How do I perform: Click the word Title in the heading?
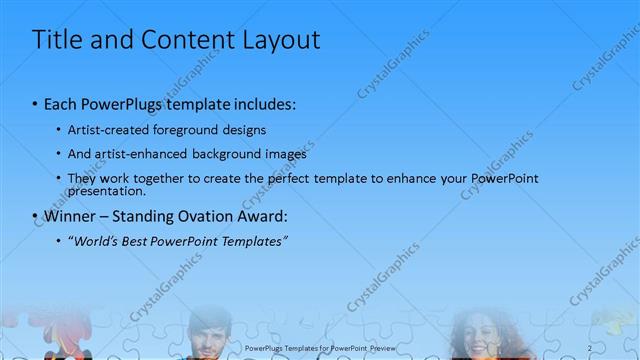point(56,40)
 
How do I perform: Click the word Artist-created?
point(107,130)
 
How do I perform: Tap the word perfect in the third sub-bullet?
point(299,178)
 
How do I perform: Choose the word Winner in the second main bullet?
point(71,215)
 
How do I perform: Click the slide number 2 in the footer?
point(591,348)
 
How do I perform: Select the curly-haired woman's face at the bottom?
point(478,335)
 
